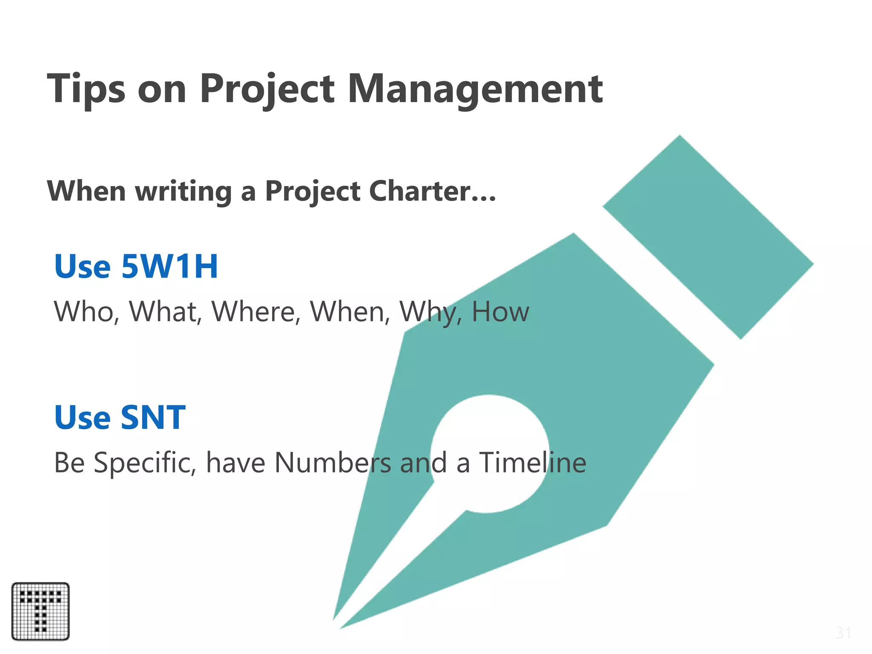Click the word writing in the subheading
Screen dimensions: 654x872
pos(184,191)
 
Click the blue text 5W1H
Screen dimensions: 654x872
pos(169,267)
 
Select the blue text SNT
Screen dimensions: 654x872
pos(153,417)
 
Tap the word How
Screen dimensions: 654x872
pos(500,311)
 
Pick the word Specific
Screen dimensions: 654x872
pos(145,463)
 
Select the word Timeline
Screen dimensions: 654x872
pos(533,463)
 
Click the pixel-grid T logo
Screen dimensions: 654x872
pos(40,611)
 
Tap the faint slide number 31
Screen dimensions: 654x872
pos(843,633)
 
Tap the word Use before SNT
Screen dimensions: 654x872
pos(83,417)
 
